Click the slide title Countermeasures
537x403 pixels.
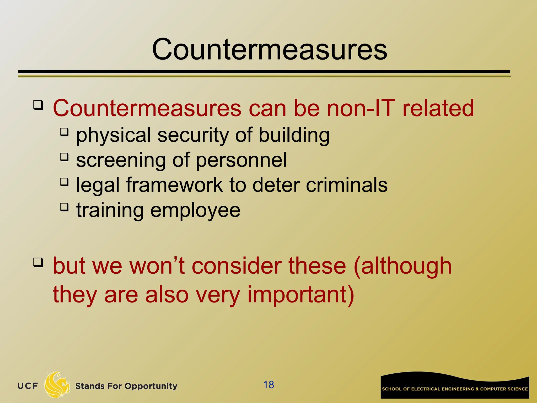269,49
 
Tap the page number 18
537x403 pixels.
268,385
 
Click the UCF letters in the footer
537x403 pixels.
28,386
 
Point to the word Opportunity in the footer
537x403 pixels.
151,386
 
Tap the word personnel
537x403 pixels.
241,160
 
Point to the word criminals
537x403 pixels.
347,185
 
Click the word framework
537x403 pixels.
174,185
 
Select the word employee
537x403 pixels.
195,211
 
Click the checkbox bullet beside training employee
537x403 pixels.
64,207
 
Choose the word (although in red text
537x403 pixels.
402,266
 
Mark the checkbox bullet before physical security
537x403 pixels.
64,131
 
